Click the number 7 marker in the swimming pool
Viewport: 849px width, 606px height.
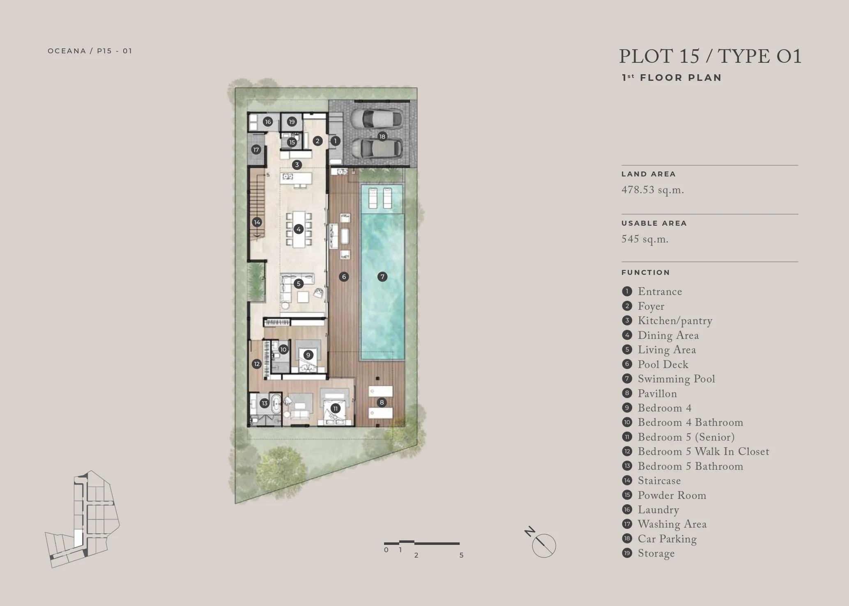pyautogui.click(x=382, y=277)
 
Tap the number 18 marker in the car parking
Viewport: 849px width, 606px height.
pyautogui.click(x=382, y=137)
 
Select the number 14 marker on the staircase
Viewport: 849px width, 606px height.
pyautogui.click(x=257, y=222)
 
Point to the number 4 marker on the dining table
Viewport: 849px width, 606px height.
pyautogui.click(x=299, y=229)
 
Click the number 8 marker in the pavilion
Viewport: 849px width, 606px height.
pyautogui.click(x=382, y=402)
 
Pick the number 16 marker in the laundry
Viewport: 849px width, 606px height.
pyautogui.click(x=268, y=121)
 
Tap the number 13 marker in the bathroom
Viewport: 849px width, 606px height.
pyautogui.click(x=265, y=403)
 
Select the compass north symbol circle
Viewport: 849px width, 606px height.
pyautogui.click(x=544, y=546)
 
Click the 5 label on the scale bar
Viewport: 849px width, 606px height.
pyautogui.click(x=461, y=555)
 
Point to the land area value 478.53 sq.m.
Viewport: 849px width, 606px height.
pyautogui.click(x=653, y=190)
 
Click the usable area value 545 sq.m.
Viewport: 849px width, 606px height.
pyautogui.click(x=645, y=239)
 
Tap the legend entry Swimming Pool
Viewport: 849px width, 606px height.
pyautogui.click(x=676, y=379)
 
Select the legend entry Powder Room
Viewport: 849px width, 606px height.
pyautogui.click(x=672, y=496)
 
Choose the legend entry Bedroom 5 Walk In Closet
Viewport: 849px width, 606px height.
pyautogui.click(x=703, y=452)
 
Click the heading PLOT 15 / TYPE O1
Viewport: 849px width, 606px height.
pyautogui.click(x=710, y=56)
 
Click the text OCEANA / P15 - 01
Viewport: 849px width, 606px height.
pyautogui.click(x=90, y=51)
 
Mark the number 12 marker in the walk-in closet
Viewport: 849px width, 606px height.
pyautogui.click(x=257, y=364)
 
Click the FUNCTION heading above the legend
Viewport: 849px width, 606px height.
pyautogui.click(x=646, y=272)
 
